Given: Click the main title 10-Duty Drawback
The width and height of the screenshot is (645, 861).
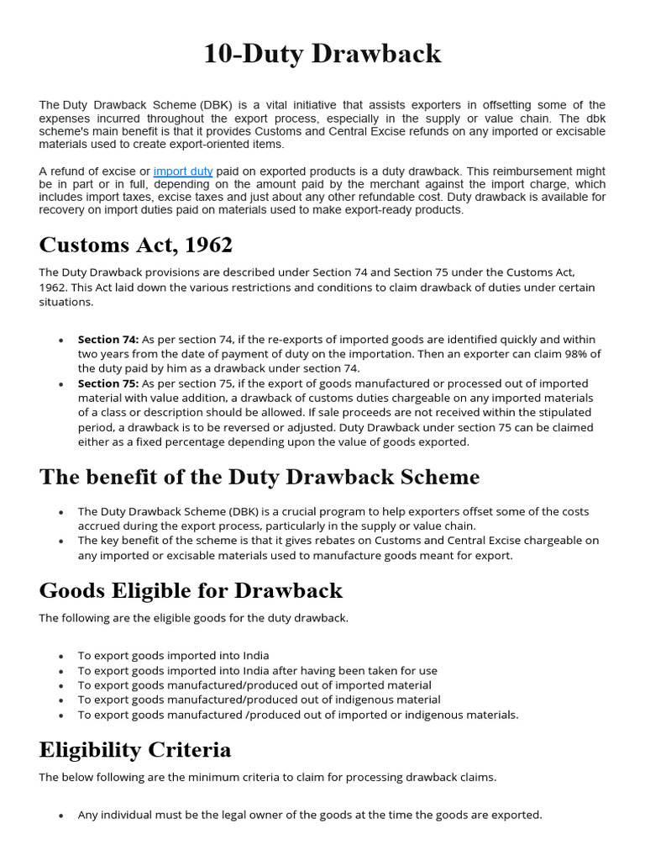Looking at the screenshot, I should click(x=322, y=54).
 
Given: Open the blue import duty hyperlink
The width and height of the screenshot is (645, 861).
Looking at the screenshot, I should click(x=182, y=171).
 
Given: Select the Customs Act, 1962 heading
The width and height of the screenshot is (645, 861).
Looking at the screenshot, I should click(x=135, y=246).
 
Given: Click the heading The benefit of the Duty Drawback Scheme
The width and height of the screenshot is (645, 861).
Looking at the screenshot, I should click(x=260, y=477).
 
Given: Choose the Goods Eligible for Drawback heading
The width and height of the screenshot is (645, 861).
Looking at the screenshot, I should click(x=191, y=590).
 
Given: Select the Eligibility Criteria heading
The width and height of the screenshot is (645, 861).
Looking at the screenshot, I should click(x=135, y=749).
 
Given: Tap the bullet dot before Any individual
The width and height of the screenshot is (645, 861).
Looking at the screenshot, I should click(x=61, y=816).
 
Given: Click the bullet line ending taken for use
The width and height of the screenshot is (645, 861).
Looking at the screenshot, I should click(x=257, y=671).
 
